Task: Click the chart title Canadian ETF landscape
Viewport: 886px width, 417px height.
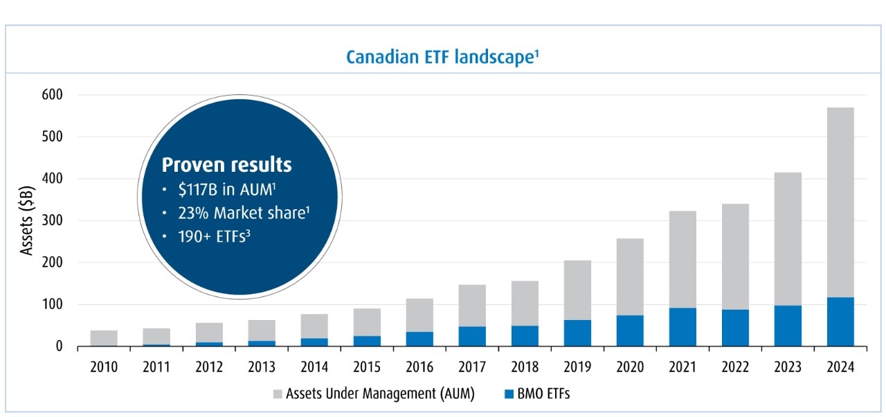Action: click(442, 56)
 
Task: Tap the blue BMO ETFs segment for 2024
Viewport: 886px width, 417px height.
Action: click(840, 321)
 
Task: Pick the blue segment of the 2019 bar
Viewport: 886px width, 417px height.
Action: click(577, 332)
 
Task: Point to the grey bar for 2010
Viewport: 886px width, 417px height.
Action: click(104, 337)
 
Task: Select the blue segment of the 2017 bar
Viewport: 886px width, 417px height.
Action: click(472, 336)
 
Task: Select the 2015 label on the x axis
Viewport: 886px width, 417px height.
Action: click(367, 367)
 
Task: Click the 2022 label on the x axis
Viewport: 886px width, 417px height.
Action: click(735, 367)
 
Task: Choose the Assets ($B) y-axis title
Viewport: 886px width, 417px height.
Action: click(27, 220)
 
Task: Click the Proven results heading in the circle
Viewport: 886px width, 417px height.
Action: click(226, 165)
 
